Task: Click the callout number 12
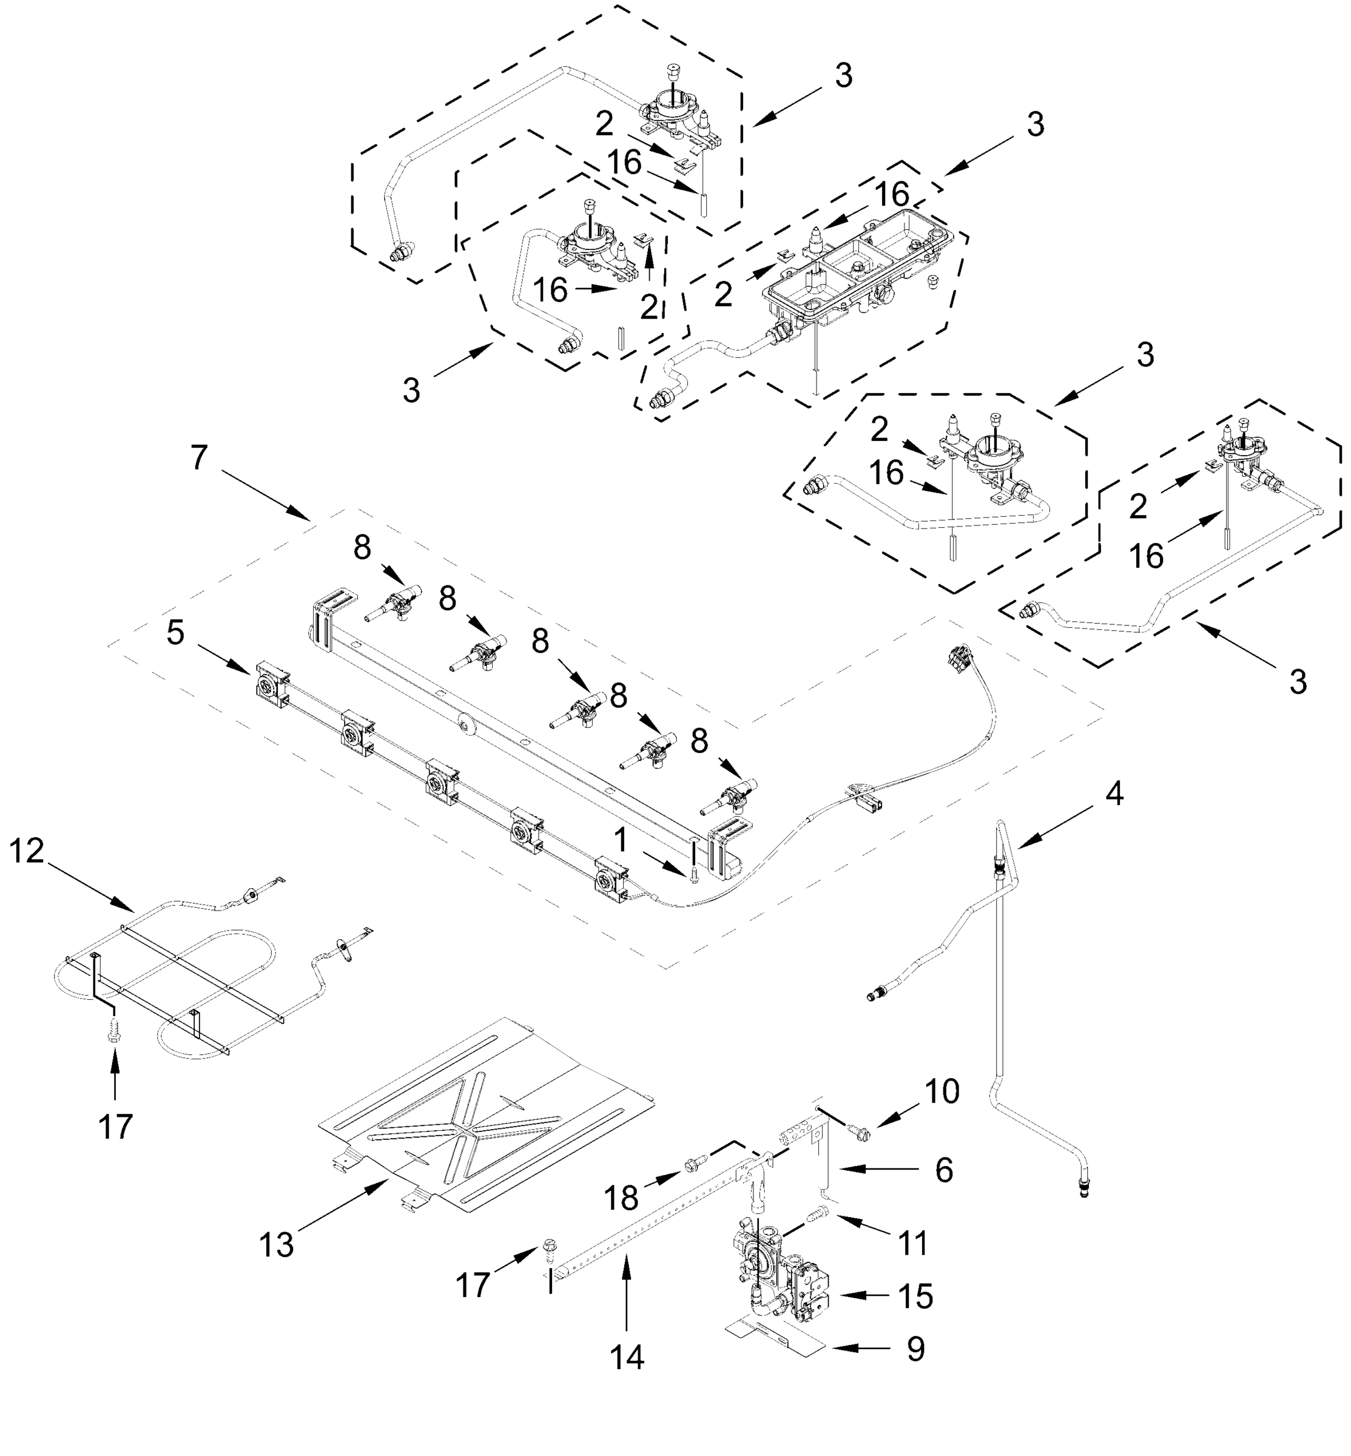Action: pyautogui.click(x=27, y=851)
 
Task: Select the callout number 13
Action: pyautogui.click(x=277, y=1245)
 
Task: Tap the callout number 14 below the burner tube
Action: pyautogui.click(x=627, y=1357)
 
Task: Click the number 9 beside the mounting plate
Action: pyautogui.click(x=915, y=1349)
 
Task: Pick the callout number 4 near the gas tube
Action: pyautogui.click(x=1113, y=793)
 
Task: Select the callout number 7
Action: pyautogui.click(x=200, y=457)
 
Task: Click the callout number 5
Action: pyautogui.click(x=175, y=632)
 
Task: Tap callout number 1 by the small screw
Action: pyautogui.click(x=621, y=841)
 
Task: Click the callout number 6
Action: pyautogui.click(x=944, y=1170)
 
